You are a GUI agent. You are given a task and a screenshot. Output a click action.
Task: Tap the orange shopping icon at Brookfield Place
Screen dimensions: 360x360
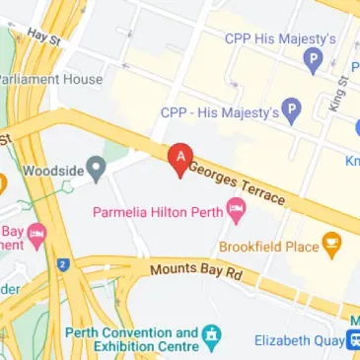(x=332, y=243)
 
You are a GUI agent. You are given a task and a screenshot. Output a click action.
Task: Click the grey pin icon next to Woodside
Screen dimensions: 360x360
(x=96, y=169)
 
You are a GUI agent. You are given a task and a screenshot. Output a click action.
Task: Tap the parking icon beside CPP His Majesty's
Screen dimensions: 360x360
(x=313, y=62)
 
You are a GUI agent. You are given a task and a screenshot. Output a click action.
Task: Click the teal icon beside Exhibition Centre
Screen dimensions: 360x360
(x=210, y=340)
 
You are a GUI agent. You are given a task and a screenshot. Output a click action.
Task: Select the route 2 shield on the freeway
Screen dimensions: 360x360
(x=61, y=264)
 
